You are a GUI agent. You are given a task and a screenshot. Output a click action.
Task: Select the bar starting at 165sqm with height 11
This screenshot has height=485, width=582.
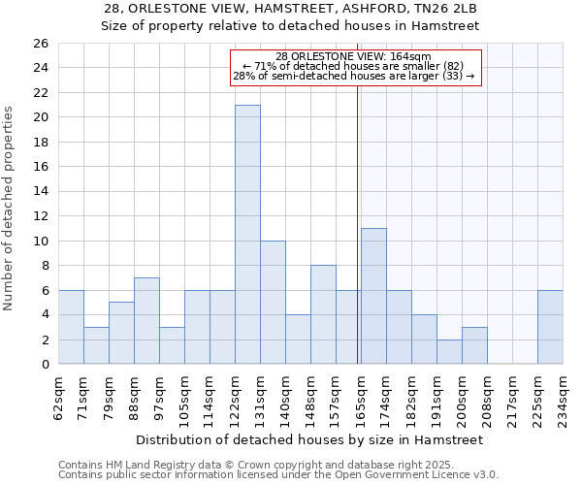pyautogui.click(x=373, y=296)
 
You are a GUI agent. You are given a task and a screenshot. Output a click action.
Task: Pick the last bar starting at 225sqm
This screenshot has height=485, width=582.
pyautogui.click(x=550, y=327)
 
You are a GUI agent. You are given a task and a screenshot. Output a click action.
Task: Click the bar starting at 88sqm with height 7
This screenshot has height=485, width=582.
pyautogui.click(x=146, y=321)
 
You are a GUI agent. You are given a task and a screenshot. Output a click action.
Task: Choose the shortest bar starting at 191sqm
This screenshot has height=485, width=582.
pyautogui.click(x=449, y=352)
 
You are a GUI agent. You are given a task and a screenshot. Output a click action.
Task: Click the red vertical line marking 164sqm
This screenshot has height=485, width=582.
pyautogui.click(x=358, y=242)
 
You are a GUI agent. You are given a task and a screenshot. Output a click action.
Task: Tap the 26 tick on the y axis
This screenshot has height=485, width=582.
pyautogui.click(x=41, y=44)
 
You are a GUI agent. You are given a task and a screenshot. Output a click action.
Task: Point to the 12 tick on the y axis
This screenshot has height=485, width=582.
pyautogui.click(x=41, y=216)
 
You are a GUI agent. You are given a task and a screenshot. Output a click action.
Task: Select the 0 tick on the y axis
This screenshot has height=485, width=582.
pyautogui.click(x=44, y=365)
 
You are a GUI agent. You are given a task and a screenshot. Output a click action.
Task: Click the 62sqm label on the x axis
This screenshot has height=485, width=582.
pyautogui.click(x=58, y=394)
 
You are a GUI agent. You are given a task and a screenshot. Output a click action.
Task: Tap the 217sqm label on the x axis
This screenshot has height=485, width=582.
pyautogui.click(x=512, y=394)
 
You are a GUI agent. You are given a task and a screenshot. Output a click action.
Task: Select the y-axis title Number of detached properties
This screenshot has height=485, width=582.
pyautogui.click(x=11, y=223)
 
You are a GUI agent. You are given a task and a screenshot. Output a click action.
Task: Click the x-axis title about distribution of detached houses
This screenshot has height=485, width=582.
pyautogui.click(x=309, y=439)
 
